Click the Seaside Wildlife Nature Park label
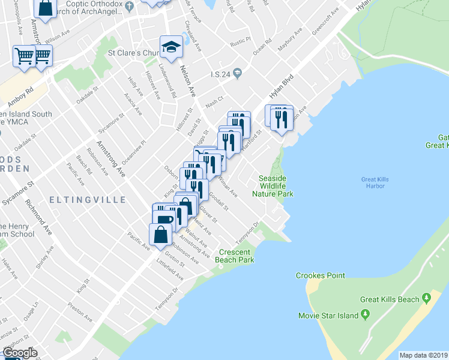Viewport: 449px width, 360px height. coord(276,186)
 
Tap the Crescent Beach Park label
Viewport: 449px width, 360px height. coord(237,256)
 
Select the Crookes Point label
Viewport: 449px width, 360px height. coord(321,275)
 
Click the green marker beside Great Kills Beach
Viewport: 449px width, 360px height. coord(427,298)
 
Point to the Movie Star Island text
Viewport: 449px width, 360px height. coord(328,316)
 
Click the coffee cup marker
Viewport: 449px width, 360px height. coord(163,217)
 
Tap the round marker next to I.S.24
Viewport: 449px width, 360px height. coord(238,74)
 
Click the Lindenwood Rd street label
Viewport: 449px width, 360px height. coord(169,83)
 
